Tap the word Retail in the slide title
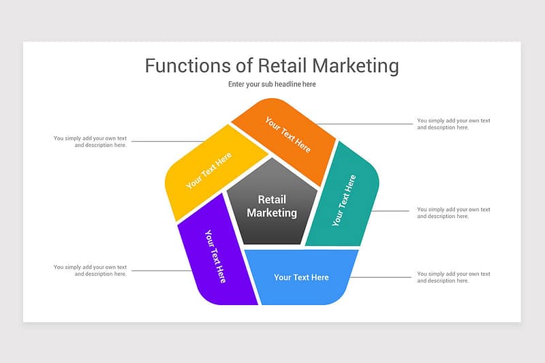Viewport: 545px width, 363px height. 282,65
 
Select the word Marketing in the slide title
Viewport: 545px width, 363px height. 355,66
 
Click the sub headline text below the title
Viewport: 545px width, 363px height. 272,84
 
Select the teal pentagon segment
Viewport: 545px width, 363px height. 344,198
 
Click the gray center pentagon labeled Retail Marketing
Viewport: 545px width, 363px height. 272,205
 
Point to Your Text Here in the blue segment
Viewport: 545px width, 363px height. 301,277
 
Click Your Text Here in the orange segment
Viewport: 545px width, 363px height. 287,134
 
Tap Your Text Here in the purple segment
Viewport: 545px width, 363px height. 215,256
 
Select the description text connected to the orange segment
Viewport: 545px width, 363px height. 453,124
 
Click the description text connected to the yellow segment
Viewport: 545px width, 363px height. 90,142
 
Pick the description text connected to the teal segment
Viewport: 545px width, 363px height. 453,212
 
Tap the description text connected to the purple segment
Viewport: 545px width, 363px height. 90,270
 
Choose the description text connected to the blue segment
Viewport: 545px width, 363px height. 453,277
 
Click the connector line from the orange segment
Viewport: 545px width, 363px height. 364,124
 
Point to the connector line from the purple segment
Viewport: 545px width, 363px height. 161,270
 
